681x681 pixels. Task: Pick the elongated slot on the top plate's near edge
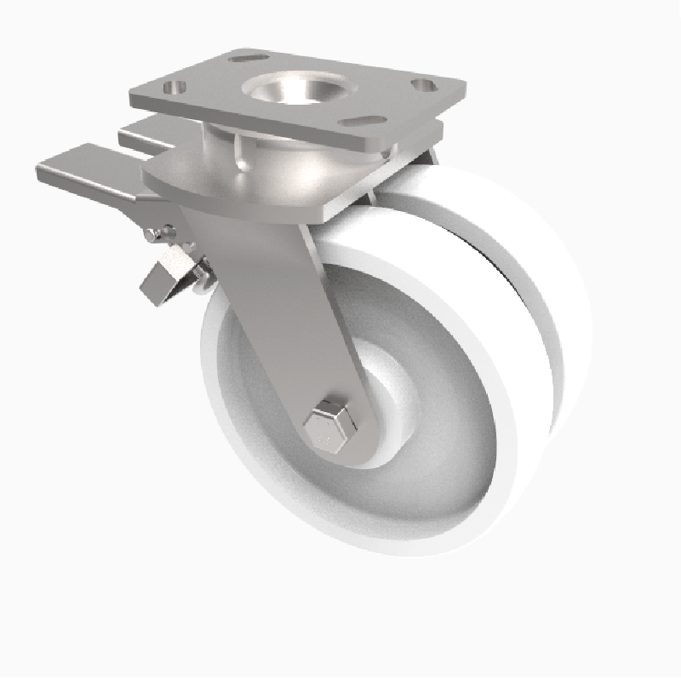pyautogui.click(x=366, y=121)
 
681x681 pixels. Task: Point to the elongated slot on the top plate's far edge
pyautogui.click(x=248, y=58)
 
